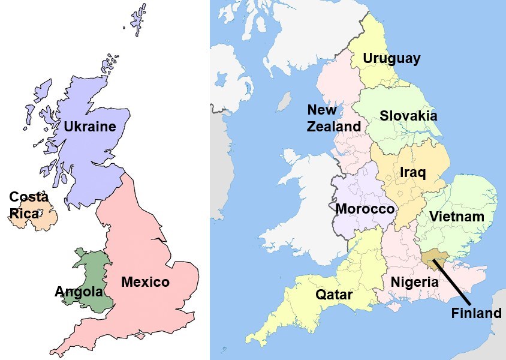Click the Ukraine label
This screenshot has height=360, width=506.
point(89,127)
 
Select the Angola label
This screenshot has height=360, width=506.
point(79,292)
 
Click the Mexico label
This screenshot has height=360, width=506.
point(145,282)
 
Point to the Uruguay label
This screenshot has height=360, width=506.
point(391,59)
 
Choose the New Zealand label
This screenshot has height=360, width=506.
point(334,118)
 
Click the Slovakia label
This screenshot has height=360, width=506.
point(408,116)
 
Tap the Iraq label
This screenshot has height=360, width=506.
point(412,173)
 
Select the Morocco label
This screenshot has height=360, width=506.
point(365,209)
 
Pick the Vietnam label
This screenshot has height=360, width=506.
point(457,217)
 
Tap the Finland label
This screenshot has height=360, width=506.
point(476,313)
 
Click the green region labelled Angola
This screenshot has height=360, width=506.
point(90,270)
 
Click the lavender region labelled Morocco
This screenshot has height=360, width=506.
point(360,186)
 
